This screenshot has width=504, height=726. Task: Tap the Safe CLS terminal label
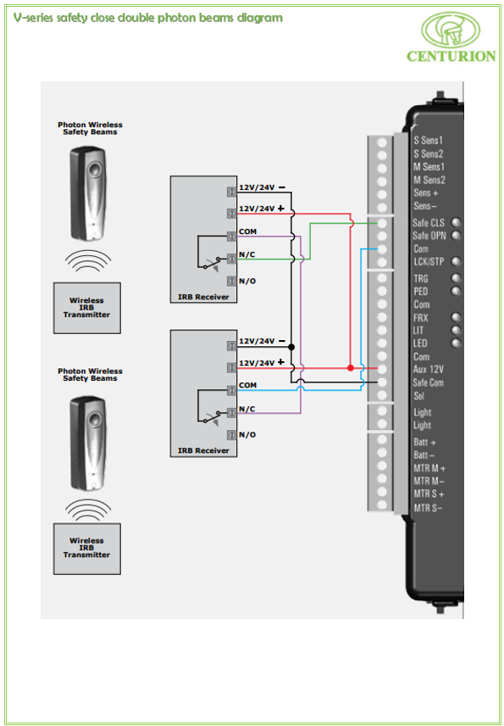[x=428, y=223]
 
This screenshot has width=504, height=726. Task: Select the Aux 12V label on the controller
[x=429, y=370]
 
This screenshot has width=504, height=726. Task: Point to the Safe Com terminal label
[x=428, y=383]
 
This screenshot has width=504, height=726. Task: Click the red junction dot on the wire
[x=351, y=368]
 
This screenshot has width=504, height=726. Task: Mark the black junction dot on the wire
[x=291, y=347]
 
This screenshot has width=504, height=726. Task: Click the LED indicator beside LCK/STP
[x=457, y=261]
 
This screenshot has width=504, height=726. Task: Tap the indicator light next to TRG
[x=457, y=278]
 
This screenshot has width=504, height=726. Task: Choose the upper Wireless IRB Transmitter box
[x=87, y=308]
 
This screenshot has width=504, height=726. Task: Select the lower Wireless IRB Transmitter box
[x=87, y=549]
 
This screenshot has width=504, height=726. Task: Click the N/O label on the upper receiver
[x=247, y=281]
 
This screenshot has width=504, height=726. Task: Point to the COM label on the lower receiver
[x=248, y=385]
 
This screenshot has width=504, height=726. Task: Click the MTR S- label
[x=428, y=508]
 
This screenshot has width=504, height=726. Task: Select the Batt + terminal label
[x=424, y=442]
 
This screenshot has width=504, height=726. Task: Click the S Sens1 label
[x=428, y=141]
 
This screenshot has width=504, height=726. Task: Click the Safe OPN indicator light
[x=457, y=235]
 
